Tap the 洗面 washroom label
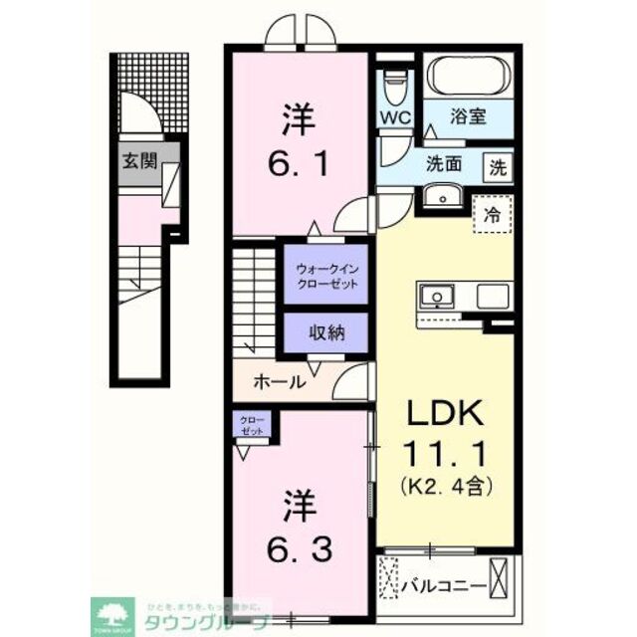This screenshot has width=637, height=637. (444, 164)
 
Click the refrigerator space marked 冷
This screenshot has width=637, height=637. (492, 212)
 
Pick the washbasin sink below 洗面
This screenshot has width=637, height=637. (437, 199)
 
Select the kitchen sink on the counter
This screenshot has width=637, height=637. (436, 296)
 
